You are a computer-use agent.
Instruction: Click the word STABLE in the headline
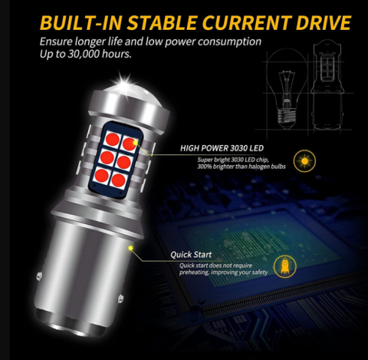click(x=162, y=22)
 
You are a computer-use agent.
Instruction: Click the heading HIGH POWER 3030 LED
click(x=222, y=148)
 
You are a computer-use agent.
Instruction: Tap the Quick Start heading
click(x=191, y=255)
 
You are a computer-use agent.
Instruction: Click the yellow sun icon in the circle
click(x=304, y=161)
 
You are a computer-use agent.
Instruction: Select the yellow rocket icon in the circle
click(x=285, y=266)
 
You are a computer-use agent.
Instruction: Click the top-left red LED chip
click(x=113, y=140)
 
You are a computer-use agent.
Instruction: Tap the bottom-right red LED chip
click(x=119, y=180)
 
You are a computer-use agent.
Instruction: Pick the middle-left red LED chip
click(x=107, y=157)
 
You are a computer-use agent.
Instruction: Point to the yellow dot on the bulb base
click(x=130, y=248)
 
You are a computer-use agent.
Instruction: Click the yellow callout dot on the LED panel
click(x=135, y=142)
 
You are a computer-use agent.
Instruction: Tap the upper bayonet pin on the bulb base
click(x=39, y=276)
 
